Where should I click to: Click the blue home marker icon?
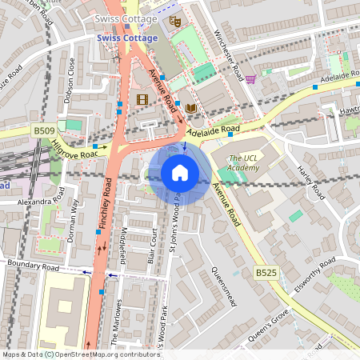[x=180, y=172]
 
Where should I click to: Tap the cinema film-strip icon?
[x=142, y=99]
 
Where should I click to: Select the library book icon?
[x=190, y=108]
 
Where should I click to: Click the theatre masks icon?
[x=175, y=22]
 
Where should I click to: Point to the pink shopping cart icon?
[x=250, y=79]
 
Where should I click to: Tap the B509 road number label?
[x=44, y=130]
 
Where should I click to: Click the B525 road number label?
[x=266, y=274]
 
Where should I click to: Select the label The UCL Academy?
[x=243, y=162]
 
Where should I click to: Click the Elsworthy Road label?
[x=314, y=278]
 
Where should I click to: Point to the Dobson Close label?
[x=70, y=81]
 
